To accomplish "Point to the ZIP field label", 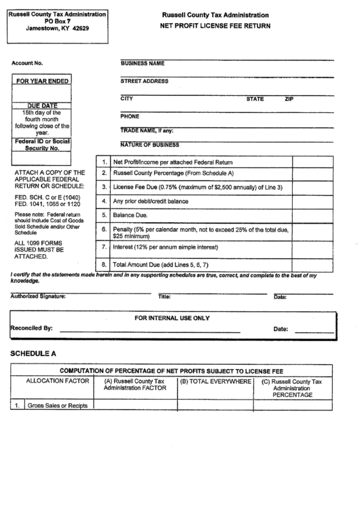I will pos(289,99).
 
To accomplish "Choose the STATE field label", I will pos(255,99).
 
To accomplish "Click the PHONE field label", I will pos(130,116).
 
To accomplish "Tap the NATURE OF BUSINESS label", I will pos(149,144).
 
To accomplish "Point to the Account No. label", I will pos(27,63).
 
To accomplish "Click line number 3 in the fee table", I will pos(104,187).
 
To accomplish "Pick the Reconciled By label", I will pos(31,328).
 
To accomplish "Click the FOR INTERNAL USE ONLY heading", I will pos(172,317).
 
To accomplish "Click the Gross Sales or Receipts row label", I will pos(58,405).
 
